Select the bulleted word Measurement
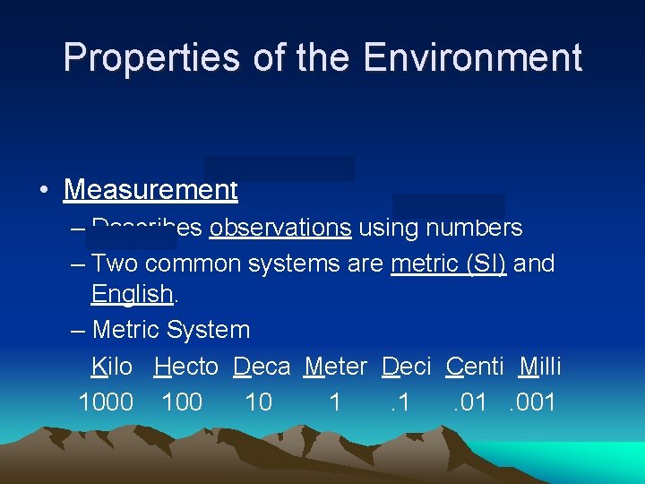150,190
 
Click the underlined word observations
279,228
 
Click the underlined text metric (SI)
449,264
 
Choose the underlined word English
132,294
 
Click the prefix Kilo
112,367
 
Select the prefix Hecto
186,367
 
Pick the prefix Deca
262,367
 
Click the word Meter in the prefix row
336,367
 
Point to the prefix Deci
407,367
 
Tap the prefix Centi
475,367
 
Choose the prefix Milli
540,367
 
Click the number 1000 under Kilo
106,402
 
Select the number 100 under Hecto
182,402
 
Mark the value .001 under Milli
532,402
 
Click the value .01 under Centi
469,402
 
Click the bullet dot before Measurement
43,191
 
